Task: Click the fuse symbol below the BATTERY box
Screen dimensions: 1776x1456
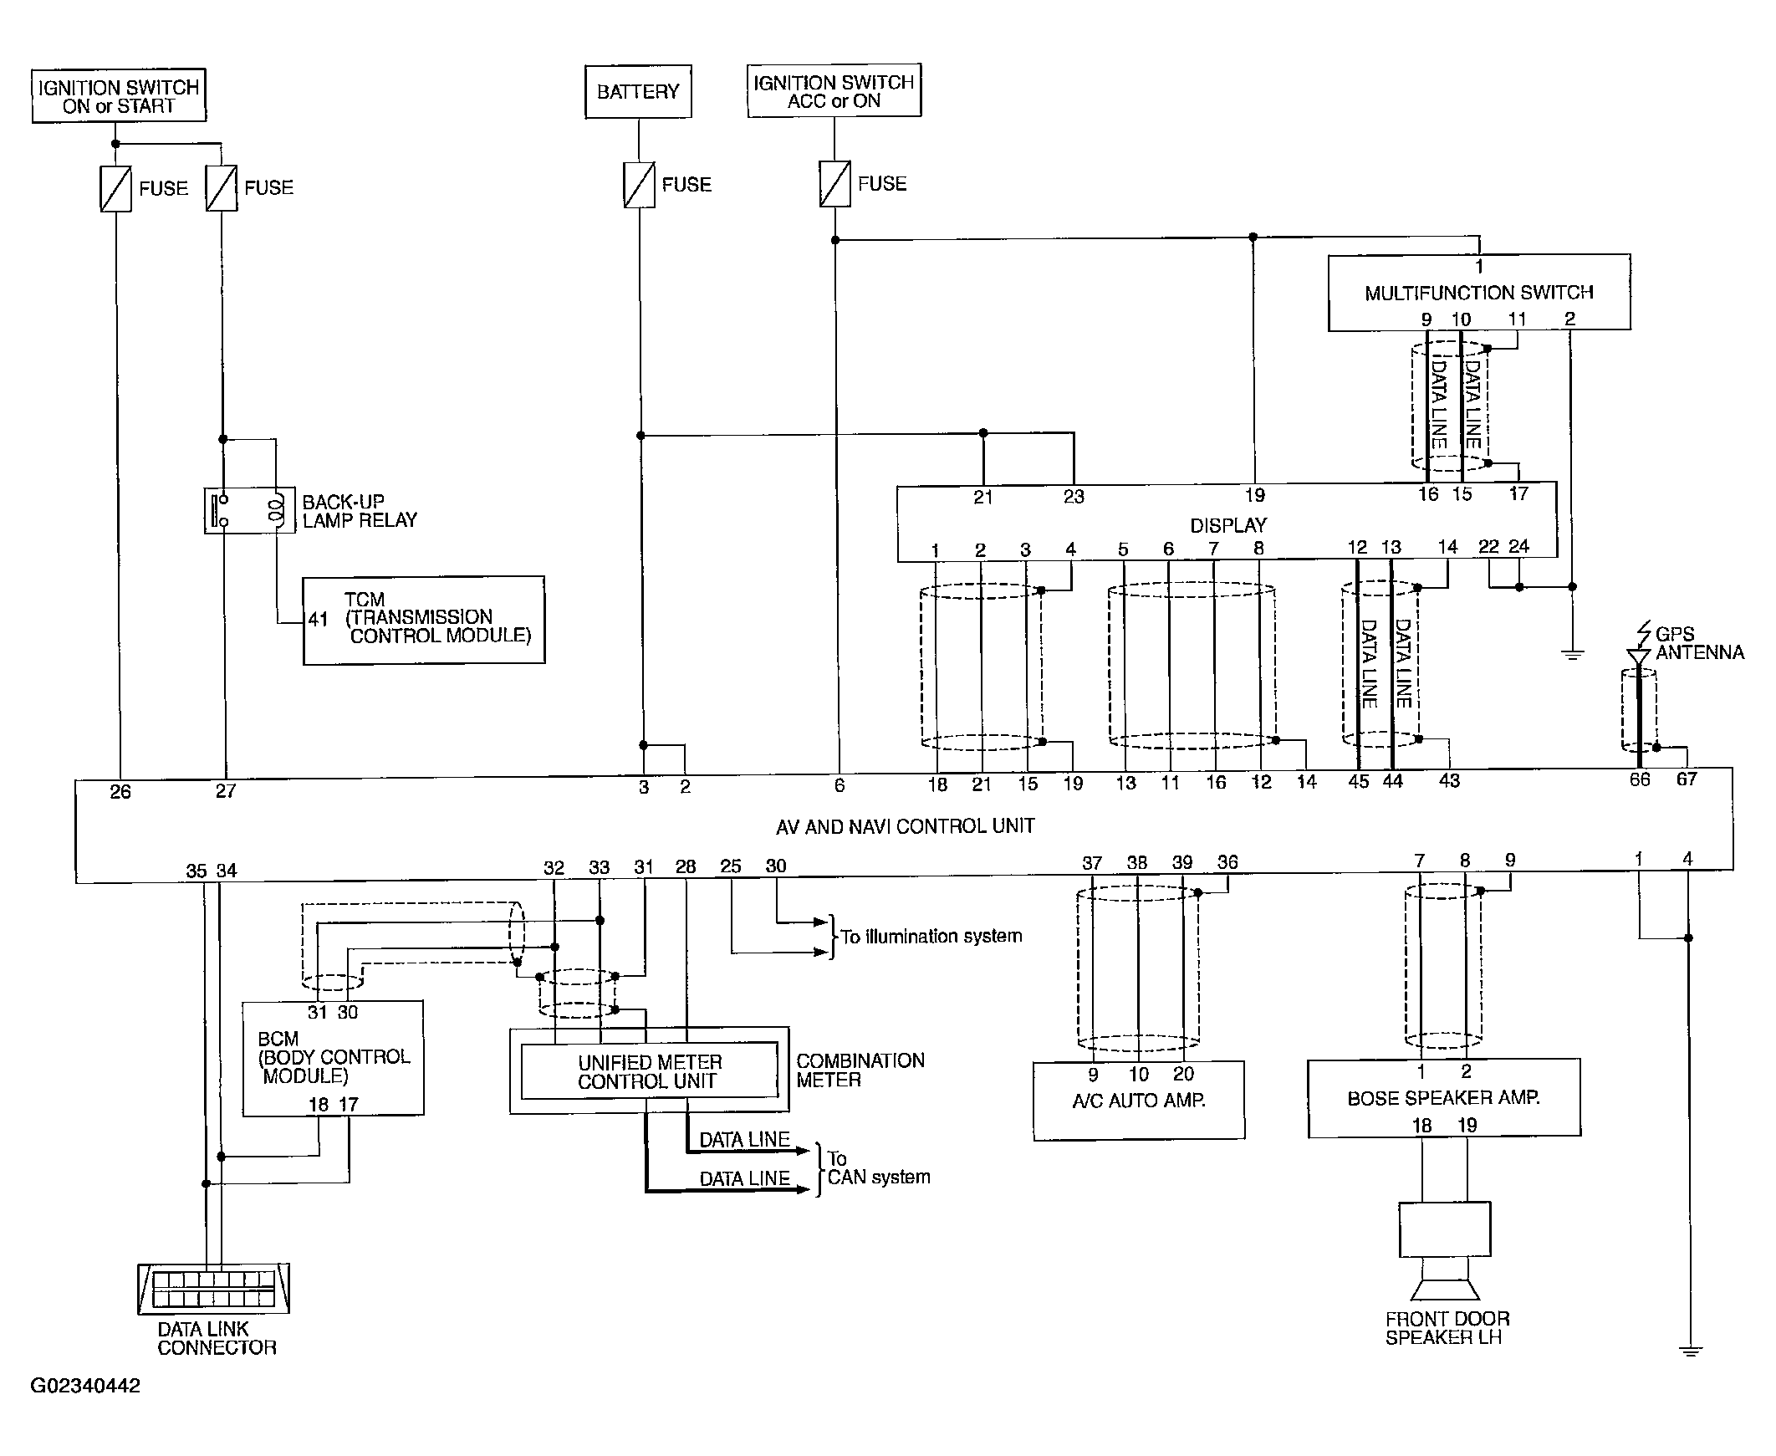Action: click(639, 185)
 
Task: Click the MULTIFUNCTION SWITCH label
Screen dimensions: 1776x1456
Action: click(1478, 293)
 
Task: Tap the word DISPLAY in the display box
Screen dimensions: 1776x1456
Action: click(1228, 525)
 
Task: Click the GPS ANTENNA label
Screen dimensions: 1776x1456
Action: click(1699, 643)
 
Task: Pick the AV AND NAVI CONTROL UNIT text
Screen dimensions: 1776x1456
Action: click(905, 826)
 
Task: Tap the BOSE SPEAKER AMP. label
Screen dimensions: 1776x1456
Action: click(1443, 1098)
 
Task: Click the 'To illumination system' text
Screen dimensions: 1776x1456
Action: click(931, 936)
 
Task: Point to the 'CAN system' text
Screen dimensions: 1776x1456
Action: click(879, 1178)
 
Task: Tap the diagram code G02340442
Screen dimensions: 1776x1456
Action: click(85, 1386)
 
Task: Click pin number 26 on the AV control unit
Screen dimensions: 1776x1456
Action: click(120, 792)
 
